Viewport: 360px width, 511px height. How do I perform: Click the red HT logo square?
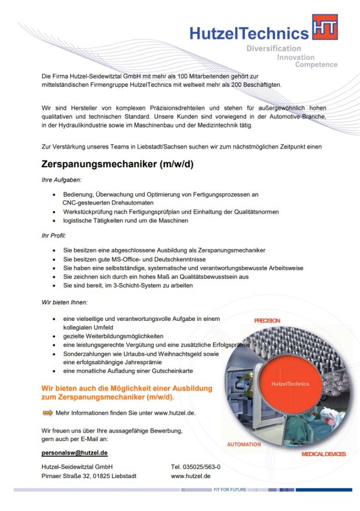325,27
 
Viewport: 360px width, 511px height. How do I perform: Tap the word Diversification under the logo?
274,48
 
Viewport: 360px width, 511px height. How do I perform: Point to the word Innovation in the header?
296,57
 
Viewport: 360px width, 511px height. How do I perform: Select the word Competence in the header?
316,64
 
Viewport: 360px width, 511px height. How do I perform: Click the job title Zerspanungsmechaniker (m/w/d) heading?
117,164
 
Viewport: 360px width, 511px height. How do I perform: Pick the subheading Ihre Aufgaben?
61,180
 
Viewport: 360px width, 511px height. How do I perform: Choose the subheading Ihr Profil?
54,235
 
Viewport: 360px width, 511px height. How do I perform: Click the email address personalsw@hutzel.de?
74,453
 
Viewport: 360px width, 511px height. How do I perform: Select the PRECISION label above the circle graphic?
267,320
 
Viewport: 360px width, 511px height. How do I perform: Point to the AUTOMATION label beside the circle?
244,444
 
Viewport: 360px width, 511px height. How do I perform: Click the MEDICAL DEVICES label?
323,454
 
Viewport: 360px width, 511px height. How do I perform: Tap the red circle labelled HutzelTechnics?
290,384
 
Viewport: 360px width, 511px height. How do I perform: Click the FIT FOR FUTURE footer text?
230,490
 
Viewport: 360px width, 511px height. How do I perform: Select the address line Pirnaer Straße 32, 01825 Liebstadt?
89,476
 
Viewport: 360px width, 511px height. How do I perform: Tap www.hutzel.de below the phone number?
190,476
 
